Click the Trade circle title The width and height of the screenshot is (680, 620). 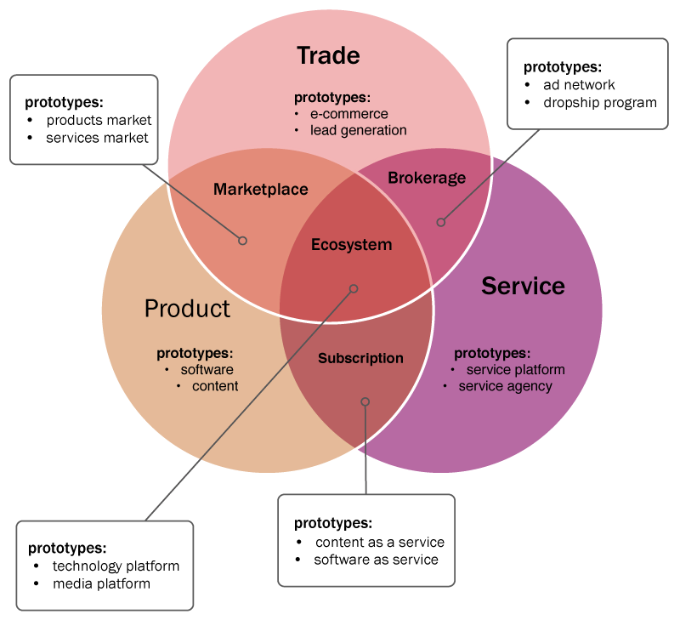click(x=328, y=56)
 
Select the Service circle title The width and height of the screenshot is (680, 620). click(x=523, y=286)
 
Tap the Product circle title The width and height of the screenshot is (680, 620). click(x=187, y=308)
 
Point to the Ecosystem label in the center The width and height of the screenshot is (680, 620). click(x=351, y=245)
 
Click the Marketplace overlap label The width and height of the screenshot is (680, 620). click(x=260, y=190)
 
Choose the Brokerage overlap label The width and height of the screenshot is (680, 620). click(x=427, y=178)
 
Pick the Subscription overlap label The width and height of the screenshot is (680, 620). click(x=360, y=358)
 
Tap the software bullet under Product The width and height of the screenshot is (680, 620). click(x=207, y=370)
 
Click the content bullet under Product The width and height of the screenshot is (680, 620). click(x=215, y=386)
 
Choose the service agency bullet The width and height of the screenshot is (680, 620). click(x=505, y=386)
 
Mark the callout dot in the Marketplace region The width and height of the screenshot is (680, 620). click(x=242, y=241)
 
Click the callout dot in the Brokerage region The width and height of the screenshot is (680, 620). click(x=440, y=223)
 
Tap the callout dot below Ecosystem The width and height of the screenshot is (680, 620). click(x=354, y=289)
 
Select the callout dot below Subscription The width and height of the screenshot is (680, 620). click(x=365, y=401)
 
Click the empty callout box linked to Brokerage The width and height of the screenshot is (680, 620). click(x=586, y=83)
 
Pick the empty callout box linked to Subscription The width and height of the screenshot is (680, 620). click(x=366, y=540)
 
